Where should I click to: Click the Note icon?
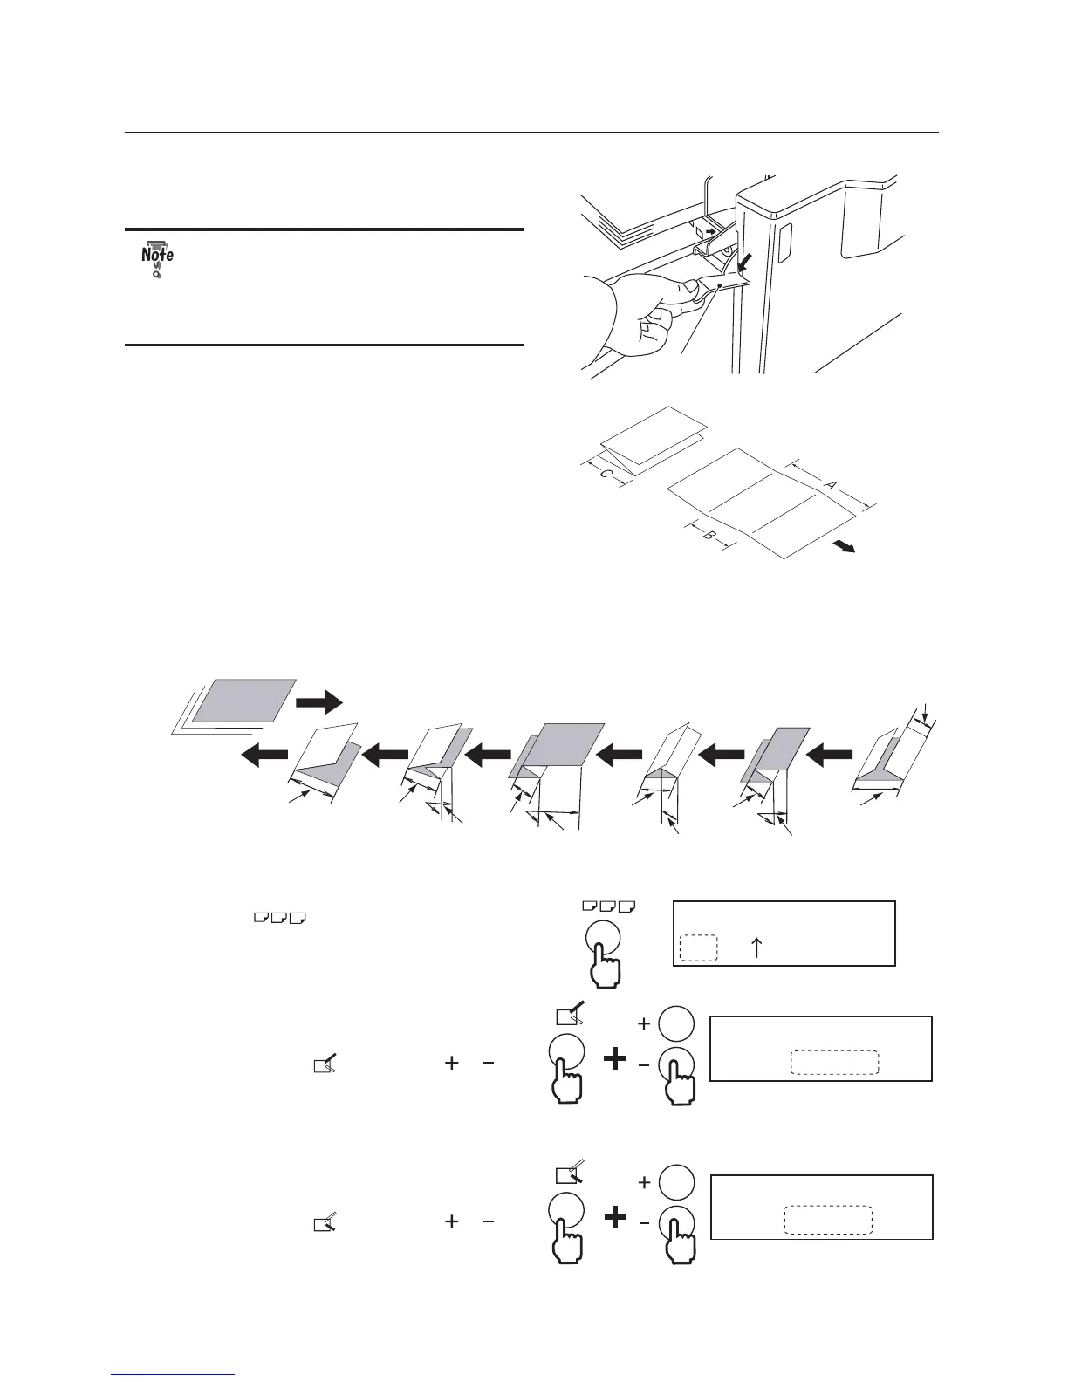tap(157, 257)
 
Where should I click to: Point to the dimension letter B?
tap(708, 535)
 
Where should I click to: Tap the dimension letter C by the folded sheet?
tap(605, 475)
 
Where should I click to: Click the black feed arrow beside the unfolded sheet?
tap(843, 546)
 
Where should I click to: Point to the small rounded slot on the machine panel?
tap(782, 241)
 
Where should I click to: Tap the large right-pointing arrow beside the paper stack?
tap(319, 700)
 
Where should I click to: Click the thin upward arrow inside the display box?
tap(756, 948)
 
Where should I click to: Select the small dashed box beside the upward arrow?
tap(698, 948)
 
